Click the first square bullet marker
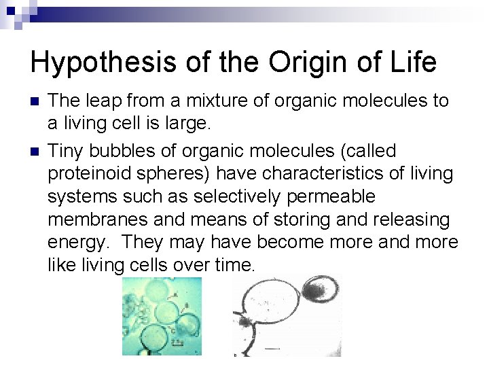click(35, 102)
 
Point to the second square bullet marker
click(35, 151)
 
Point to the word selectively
click(236, 196)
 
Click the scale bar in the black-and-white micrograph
click(272, 348)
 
